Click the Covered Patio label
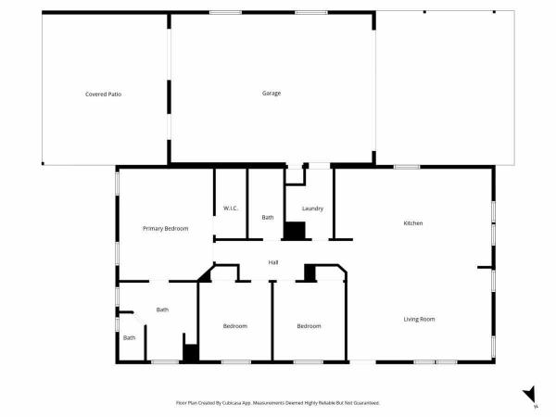point(103,95)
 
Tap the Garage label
point(272,94)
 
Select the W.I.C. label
point(231,208)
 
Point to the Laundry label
point(312,208)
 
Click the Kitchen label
point(413,223)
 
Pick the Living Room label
point(419,319)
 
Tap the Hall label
point(273,262)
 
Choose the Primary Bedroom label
point(166,229)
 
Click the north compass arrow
point(530,394)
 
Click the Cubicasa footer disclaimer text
point(278,403)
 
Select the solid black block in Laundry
point(295,231)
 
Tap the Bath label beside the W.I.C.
point(268,218)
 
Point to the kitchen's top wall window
point(407,167)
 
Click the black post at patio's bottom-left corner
point(43,163)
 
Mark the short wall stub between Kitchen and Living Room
point(485,267)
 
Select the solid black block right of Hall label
point(310,272)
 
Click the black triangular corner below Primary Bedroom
point(206,275)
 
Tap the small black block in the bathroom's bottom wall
point(191,353)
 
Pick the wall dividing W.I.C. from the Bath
point(247,204)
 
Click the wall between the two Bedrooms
point(272,321)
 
